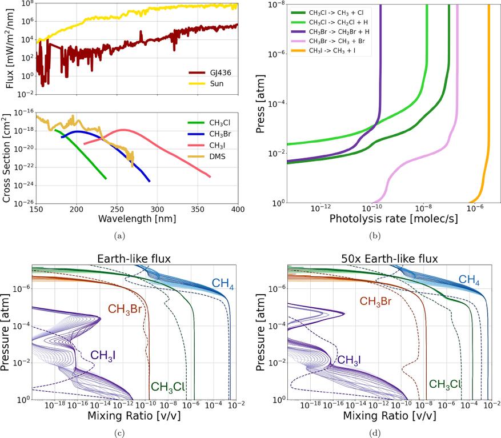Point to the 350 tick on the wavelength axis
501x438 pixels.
point(197,209)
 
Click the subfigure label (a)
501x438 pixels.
point(119,235)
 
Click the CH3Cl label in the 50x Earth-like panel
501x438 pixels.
point(444,384)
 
